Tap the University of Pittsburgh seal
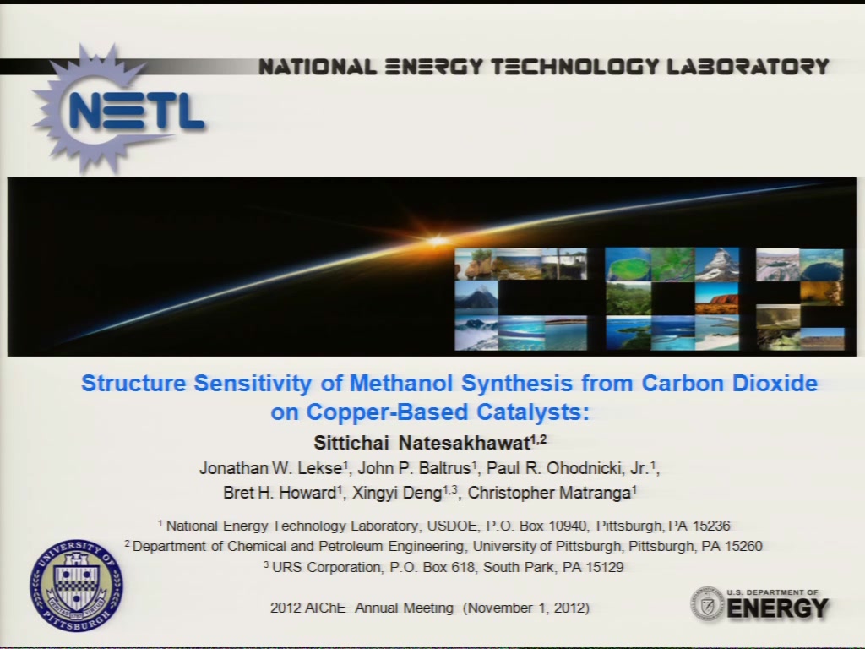pos(77,586)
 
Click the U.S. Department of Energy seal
pos(707,603)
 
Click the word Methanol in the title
pos(401,383)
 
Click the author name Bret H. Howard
pos(280,493)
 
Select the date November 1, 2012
pos(526,608)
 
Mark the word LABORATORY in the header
pos(748,67)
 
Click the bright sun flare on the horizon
pos(438,241)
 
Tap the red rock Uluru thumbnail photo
pos(717,298)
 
